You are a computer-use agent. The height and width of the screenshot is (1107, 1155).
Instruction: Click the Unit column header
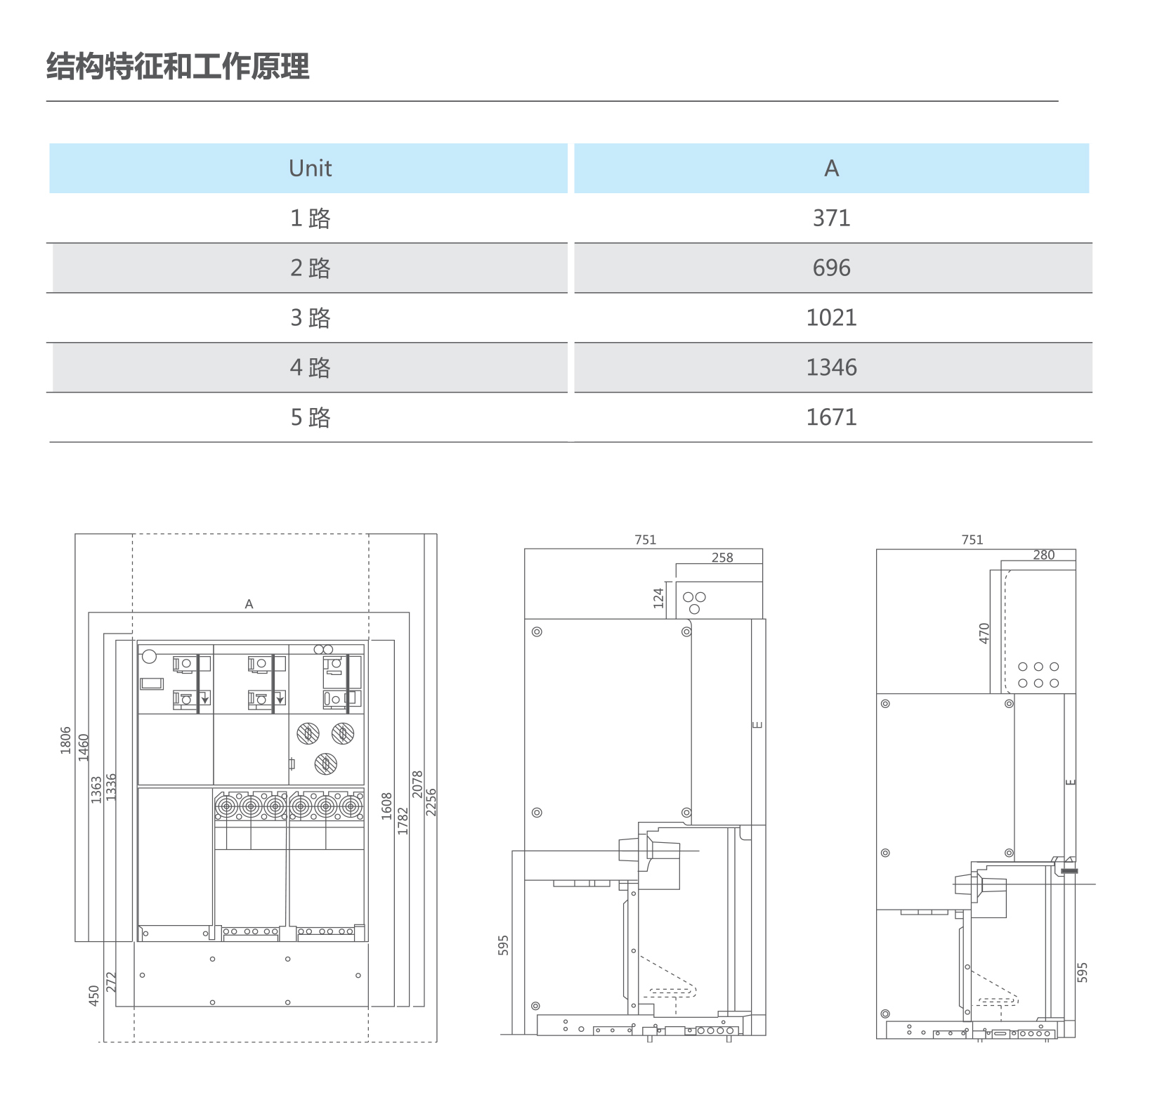(310, 169)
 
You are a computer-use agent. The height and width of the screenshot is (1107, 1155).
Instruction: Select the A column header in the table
(831, 169)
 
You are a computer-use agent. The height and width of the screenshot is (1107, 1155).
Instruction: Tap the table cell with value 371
(831, 218)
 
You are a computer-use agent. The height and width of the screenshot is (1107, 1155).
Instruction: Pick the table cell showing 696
(831, 268)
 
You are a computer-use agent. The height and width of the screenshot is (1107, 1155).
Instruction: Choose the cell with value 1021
(831, 318)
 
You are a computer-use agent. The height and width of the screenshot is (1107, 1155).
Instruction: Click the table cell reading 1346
(831, 368)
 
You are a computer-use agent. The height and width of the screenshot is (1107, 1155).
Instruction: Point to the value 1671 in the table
(831, 418)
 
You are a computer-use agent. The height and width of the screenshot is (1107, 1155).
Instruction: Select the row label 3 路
(310, 318)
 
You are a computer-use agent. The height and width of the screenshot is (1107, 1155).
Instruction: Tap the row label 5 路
(310, 418)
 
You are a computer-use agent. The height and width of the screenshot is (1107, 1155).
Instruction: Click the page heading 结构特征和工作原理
(178, 67)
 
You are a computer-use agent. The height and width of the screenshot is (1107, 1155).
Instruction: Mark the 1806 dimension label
(66, 740)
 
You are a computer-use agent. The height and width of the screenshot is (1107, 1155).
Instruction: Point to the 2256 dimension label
(431, 802)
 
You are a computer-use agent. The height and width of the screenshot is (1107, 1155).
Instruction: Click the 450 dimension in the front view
(94, 995)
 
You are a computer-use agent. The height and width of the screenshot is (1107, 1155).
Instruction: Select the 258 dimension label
(722, 558)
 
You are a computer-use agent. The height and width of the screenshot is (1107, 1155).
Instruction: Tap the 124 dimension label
(658, 598)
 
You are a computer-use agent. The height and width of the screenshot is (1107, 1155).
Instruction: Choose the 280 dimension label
(1044, 555)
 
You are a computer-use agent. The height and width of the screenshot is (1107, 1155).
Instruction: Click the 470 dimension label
(984, 633)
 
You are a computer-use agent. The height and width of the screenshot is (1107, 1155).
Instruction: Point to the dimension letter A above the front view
(249, 604)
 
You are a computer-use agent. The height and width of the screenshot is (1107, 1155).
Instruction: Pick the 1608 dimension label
(387, 806)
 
